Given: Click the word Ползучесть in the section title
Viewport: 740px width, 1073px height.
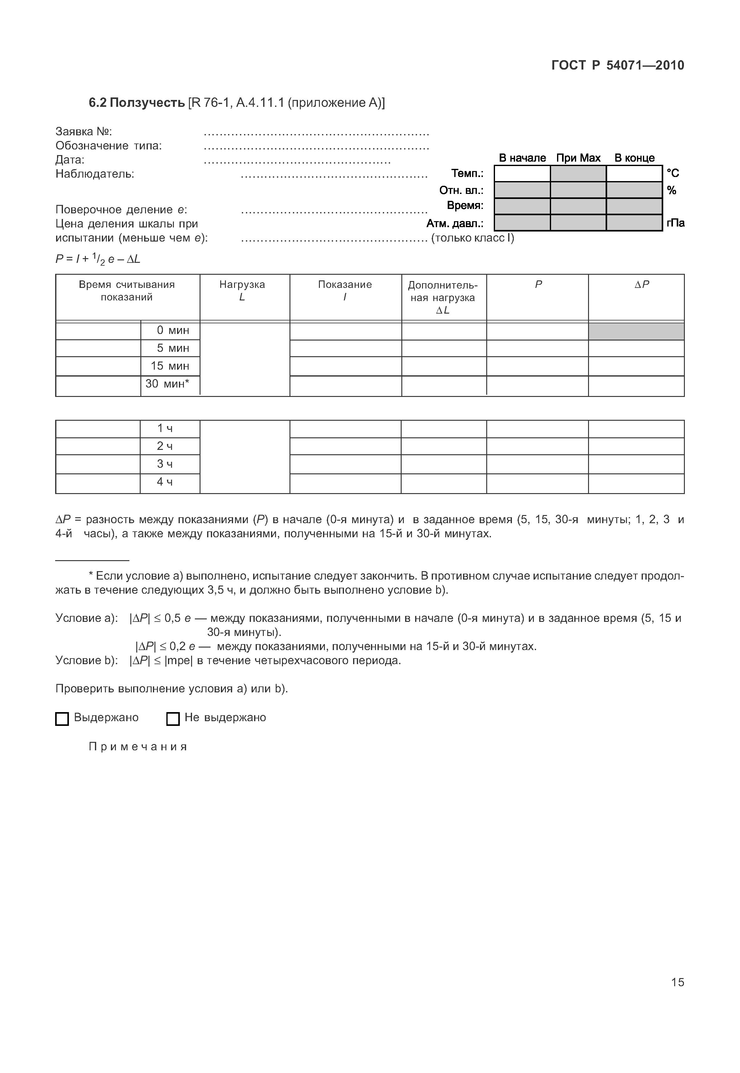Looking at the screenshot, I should click(148, 102).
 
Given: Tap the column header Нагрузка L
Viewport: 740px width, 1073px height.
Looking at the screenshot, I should click(242, 291).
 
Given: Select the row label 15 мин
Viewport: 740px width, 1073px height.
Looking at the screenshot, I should click(170, 366).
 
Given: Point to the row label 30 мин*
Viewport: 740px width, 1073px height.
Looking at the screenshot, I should click(167, 384).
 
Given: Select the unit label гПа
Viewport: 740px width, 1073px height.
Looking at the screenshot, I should click(675, 223).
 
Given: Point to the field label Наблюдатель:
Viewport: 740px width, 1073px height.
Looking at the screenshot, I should click(95, 174).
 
